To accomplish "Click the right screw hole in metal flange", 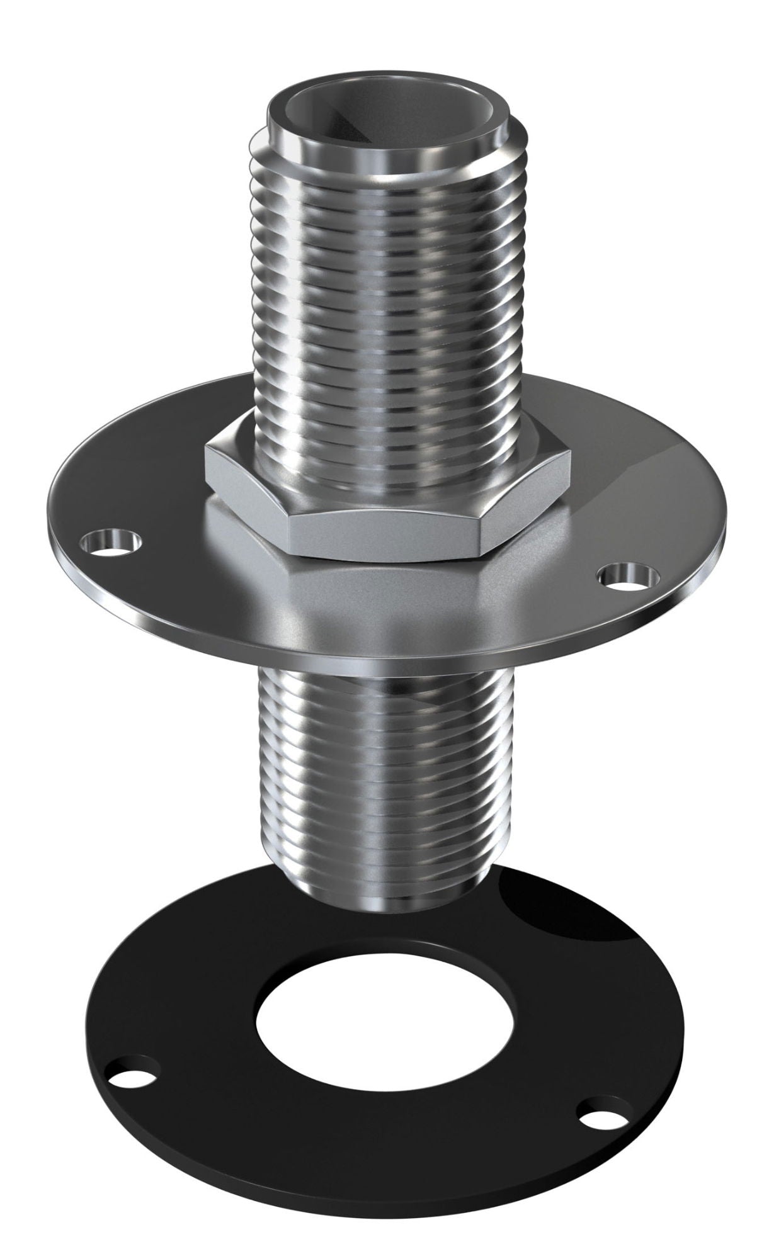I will (x=624, y=575).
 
